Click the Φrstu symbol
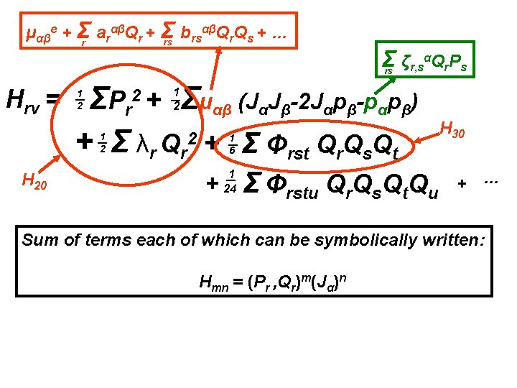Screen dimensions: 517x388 click(x=290, y=186)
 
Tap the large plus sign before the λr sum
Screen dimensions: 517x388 click(x=88, y=139)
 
